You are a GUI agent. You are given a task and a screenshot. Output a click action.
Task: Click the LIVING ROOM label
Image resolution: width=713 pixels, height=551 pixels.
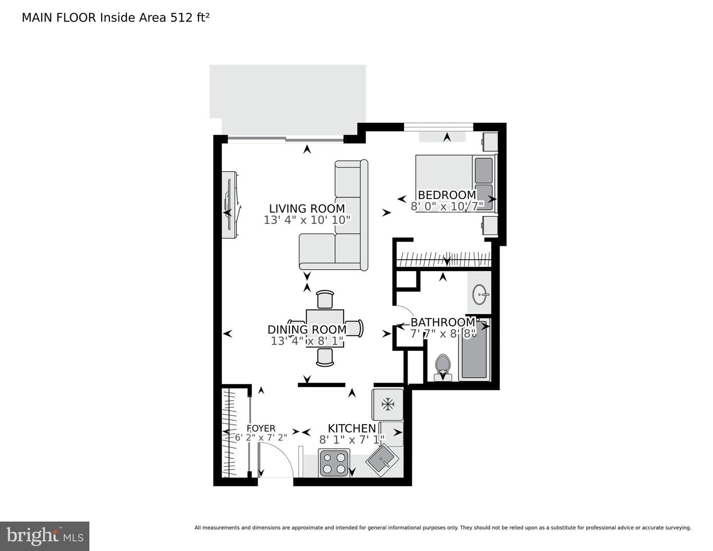[306, 209]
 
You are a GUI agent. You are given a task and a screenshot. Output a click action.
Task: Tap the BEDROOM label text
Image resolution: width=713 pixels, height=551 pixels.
[447, 195]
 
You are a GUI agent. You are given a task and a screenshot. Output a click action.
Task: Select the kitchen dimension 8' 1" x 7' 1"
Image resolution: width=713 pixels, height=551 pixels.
[352, 440]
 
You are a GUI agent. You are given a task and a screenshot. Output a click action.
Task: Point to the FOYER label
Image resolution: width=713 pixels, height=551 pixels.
[261, 428]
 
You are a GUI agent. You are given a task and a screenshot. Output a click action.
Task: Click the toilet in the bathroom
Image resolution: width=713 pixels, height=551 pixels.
[443, 367]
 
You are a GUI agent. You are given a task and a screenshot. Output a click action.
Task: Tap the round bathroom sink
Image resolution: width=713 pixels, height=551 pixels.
[480, 295]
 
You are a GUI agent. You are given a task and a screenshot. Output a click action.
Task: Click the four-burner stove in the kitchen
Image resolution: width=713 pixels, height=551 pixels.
[335, 463]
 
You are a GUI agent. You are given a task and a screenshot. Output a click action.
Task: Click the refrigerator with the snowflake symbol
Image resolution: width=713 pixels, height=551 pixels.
[387, 404]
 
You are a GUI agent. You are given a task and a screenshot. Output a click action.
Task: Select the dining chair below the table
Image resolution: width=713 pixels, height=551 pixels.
[325, 357]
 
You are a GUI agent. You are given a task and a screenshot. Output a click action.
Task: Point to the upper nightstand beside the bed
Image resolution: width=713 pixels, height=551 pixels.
[490, 142]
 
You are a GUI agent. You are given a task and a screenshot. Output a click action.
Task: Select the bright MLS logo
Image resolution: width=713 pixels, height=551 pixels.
[45, 536]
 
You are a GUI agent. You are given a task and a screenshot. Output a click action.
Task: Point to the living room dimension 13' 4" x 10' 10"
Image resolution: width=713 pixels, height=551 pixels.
[306, 220]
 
